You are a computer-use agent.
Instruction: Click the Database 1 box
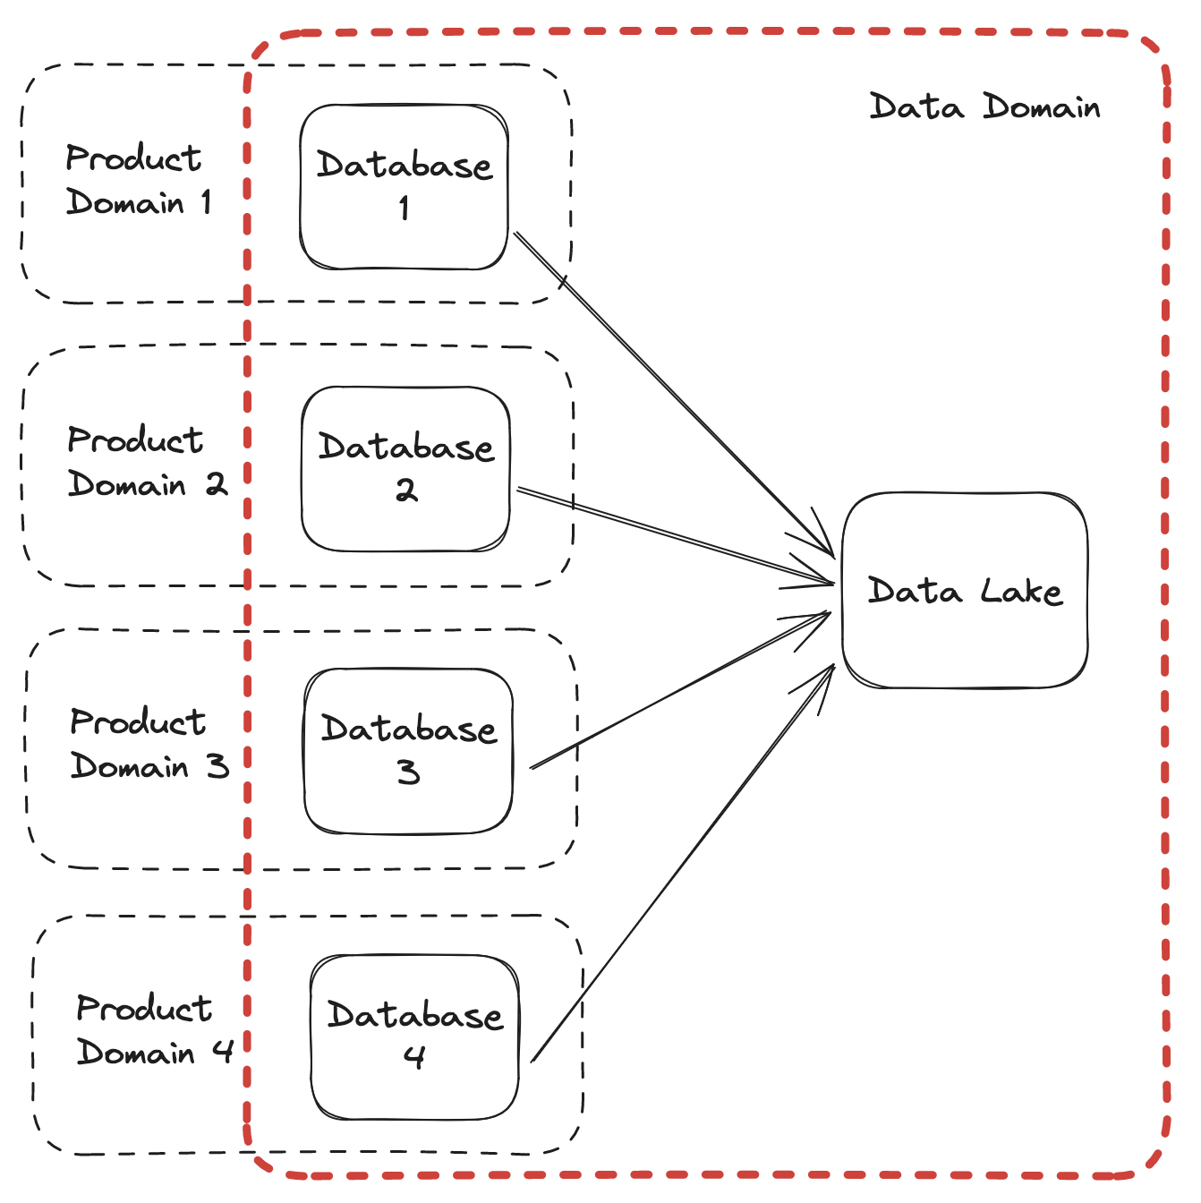405,186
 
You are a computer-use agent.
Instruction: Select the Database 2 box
406,468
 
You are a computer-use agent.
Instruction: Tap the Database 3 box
409,750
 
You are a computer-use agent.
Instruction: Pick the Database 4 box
414,1037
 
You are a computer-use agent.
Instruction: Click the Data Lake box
965,591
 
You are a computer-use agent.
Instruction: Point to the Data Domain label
984,107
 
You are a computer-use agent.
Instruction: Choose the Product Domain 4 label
155,1030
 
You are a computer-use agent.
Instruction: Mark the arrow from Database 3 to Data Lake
680,689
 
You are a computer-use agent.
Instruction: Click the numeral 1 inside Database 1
405,208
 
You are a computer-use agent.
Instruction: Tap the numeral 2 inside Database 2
406,490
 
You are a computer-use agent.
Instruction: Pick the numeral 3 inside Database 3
409,772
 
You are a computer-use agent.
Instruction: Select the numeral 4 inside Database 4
413,1057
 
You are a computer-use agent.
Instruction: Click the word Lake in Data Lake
1021,591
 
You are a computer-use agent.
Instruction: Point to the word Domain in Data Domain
1042,107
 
